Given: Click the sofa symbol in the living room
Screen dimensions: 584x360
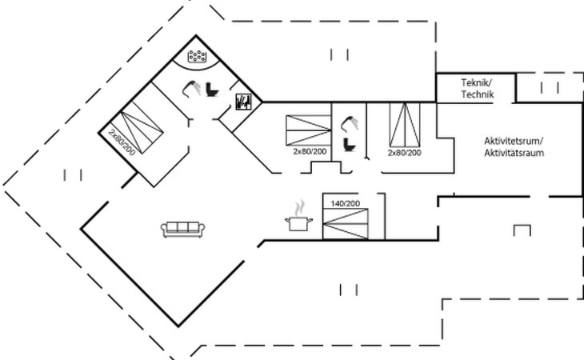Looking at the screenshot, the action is tap(182, 229).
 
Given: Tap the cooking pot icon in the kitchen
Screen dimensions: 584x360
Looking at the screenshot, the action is tap(298, 223).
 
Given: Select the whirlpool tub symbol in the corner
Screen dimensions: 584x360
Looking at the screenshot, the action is tap(197, 57).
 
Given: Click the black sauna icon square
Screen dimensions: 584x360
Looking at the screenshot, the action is tap(243, 102).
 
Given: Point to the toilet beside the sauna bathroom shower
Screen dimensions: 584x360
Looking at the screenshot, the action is tap(212, 90).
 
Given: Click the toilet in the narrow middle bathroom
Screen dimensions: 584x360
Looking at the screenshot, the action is tap(349, 144).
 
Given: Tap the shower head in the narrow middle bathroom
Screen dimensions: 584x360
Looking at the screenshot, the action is tap(350, 124).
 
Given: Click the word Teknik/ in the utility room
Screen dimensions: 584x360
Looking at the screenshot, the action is tap(477, 82).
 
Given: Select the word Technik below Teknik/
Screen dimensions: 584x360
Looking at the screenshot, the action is tap(478, 94).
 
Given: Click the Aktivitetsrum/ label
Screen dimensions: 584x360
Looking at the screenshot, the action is tap(514, 141).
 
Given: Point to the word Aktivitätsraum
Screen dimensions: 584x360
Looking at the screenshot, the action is tap(514, 153).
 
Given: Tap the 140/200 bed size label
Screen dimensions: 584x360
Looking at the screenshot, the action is tap(346, 204).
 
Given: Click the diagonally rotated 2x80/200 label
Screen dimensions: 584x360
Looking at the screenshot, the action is tap(122, 142).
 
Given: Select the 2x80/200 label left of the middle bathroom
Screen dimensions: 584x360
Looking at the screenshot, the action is tap(310, 151).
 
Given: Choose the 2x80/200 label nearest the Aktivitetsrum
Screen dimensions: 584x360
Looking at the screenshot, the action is tap(405, 153).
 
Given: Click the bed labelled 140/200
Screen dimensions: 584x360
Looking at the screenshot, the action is tap(346, 224).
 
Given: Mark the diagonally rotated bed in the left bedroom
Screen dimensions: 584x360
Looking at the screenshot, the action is tap(137, 126).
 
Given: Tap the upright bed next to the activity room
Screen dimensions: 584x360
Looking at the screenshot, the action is tap(405, 125).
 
